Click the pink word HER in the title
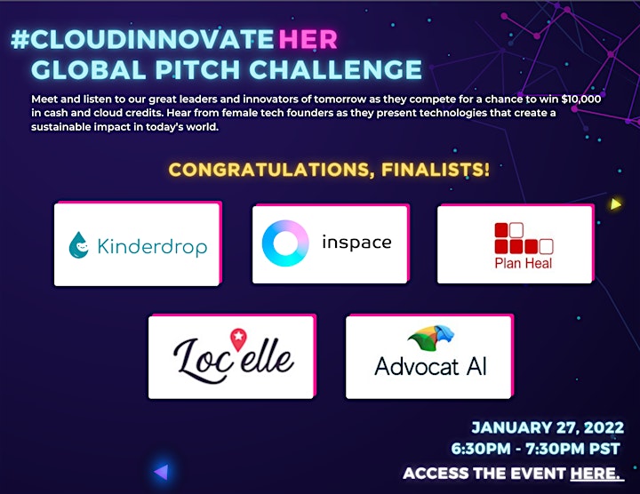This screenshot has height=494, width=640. [x=308, y=39]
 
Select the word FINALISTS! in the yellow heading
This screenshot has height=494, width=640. [x=435, y=170]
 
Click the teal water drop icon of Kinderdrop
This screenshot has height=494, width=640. [x=78, y=245]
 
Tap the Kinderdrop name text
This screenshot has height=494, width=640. [x=152, y=246]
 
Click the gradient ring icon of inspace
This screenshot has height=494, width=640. [x=285, y=243]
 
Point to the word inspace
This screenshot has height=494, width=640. [x=356, y=243]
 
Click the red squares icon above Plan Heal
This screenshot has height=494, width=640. [x=524, y=238]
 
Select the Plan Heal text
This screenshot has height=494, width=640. [x=524, y=263]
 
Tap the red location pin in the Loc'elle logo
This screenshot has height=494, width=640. [x=239, y=339]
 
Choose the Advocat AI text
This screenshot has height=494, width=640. [x=430, y=366]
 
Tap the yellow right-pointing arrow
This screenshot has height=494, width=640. [x=615, y=203]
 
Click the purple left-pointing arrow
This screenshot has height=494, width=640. [x=161, y=472]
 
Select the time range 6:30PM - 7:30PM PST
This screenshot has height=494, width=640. [x=535, y=449]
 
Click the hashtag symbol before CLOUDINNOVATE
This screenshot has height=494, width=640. [x=20, y=39]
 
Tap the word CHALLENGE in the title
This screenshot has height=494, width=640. [x=335, y=69]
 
